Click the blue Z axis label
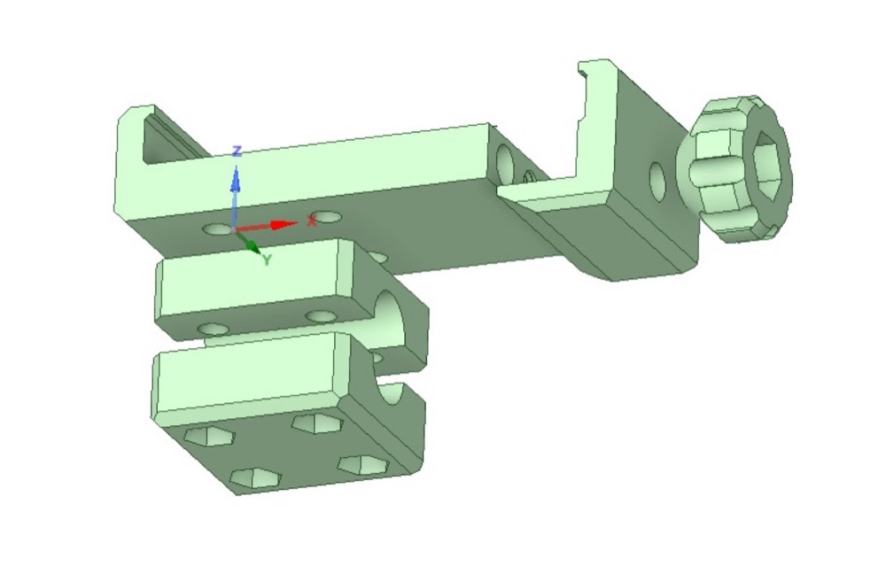(237, 151)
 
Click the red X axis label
(311, 221)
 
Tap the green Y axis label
(268, 260)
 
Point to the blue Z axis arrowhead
(236, 180)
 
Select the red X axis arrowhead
(284, 225)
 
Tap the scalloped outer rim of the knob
(734, 168)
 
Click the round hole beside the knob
(657, 182)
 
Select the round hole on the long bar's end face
(504, 160)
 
